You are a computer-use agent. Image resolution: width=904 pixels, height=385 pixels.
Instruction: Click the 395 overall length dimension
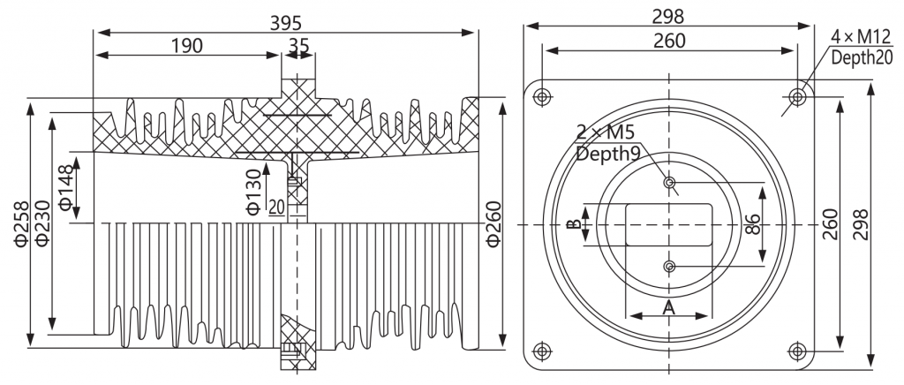tap(286, 22)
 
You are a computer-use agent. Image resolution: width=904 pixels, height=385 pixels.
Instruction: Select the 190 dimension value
tap(187, 46)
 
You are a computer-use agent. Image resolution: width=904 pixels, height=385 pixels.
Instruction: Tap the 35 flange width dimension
tap(298, 45)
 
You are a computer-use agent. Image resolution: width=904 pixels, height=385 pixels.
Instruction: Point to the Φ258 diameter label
tap(21, 224)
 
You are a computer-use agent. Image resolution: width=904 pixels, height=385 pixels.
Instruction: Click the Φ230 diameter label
tap(42, 224)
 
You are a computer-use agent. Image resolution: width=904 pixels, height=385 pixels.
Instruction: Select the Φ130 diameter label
tap(254, 192)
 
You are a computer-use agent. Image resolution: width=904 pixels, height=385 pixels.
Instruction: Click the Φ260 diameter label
tap(493, 224)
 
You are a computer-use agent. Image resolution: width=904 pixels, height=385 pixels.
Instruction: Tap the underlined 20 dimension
tap(276, 207)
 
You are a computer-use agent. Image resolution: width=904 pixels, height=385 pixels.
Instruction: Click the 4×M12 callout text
tap(861, 37)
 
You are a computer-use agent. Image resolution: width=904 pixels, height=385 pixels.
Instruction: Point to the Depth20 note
tap(862, 57)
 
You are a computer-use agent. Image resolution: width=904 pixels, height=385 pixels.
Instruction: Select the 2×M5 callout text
tap(606, 133)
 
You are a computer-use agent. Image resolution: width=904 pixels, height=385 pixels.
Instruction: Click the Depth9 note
tap(605, 154)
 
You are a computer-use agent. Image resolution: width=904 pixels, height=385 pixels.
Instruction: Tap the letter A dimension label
tap(669, 307)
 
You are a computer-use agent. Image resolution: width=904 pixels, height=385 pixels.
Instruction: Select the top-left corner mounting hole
tap(541, 97)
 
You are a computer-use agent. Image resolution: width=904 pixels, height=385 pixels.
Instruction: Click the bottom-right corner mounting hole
tap(797, 351)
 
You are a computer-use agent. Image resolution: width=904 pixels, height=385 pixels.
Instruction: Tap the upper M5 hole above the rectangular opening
tap(669, 183)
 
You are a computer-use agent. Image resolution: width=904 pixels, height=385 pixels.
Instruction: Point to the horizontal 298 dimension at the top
tap(668, 18)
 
